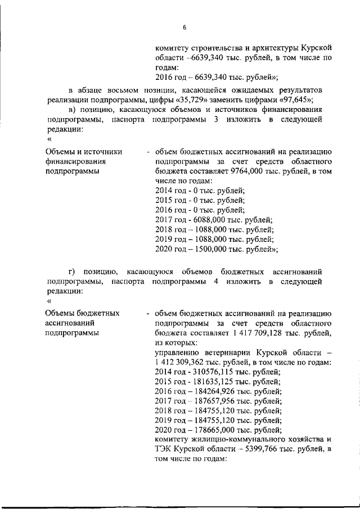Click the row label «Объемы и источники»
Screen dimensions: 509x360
(79, 151)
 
